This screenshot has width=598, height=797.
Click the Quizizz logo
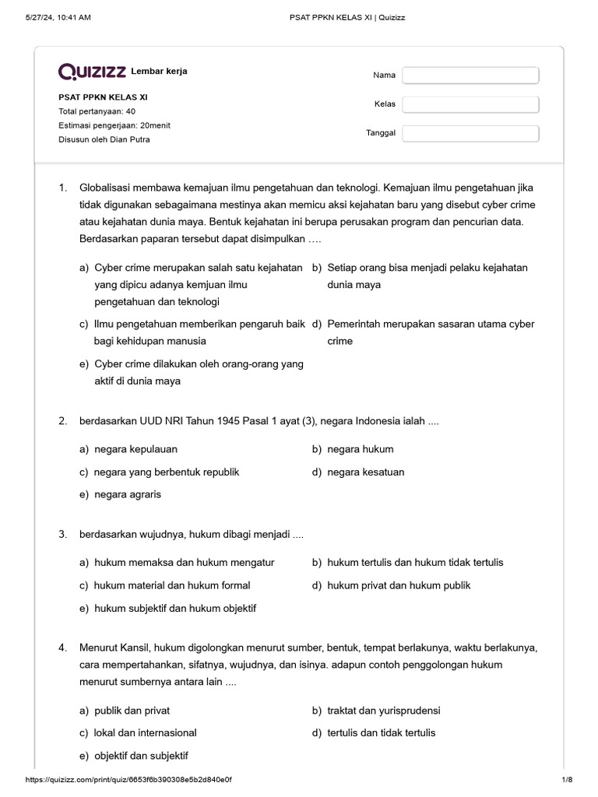(92, 72)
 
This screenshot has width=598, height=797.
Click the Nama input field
(470, 75)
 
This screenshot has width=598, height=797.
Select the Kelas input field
(470, 104)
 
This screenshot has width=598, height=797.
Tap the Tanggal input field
(470, 133)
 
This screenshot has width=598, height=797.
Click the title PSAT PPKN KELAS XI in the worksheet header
(103, 97)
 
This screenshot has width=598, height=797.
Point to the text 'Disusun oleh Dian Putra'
(104, 139)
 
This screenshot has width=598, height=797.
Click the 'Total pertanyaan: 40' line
(97, 111)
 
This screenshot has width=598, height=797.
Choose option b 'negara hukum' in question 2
(360, 449)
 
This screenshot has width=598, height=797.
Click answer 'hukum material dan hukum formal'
(172, 585)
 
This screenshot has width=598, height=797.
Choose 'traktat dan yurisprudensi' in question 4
(384, 711)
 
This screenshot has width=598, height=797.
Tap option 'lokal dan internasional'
(145, 732)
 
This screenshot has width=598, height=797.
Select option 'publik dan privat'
(132, 711)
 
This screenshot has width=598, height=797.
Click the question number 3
(62, 535)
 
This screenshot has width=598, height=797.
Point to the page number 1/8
(566, 780)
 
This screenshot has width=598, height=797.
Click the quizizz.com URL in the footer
(128, 780)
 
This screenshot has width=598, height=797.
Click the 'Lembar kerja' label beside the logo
(159, 72)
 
